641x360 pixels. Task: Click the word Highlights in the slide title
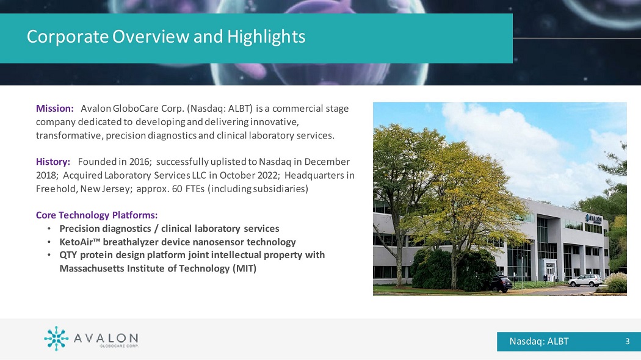[266, 37]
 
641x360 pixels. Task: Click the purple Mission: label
[55, 108]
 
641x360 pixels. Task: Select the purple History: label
[53, 162]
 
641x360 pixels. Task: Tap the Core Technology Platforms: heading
[97, 215]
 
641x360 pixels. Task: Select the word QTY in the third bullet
[68, 255]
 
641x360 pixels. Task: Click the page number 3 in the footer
[628, 341]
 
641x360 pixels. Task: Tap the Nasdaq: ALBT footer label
[539, 341]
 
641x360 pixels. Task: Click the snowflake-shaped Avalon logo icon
[56, 339]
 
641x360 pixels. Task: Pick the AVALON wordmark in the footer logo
[106, 338]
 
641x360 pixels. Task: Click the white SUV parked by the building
[585, 280]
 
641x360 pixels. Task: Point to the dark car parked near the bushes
[501, 283]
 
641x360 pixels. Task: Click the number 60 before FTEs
[178, 189]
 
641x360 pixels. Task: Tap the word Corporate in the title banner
[68, 37]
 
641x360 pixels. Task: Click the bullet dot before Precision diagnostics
[49, 229]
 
